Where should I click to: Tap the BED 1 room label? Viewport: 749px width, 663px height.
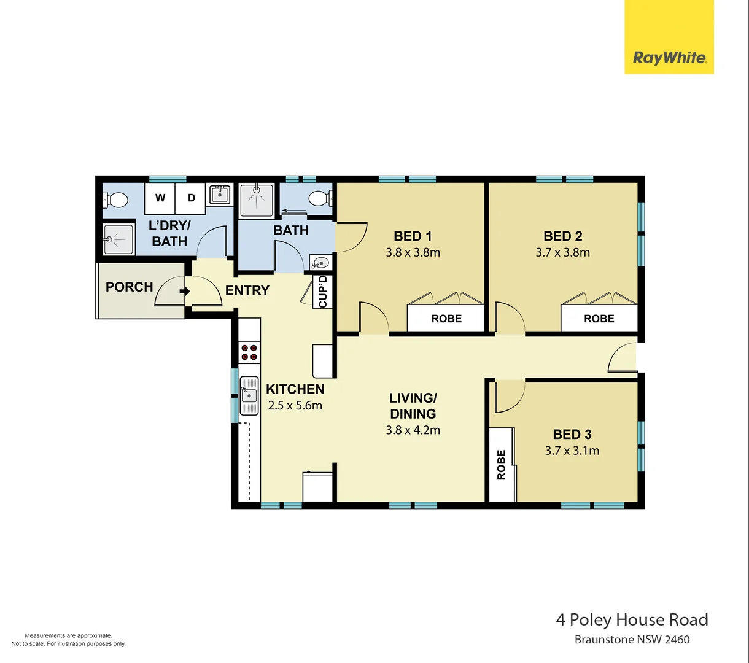pos(413,236)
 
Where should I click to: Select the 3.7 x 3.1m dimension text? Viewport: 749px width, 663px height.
pos(572,451)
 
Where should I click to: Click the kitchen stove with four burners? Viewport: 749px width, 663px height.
pos(249,352)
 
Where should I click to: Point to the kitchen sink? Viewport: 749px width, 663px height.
pos(249,394)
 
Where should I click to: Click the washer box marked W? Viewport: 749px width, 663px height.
pos(160,198)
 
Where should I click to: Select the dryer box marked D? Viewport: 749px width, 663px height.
pos(192,198)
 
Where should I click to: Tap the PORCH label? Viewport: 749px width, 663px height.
pos(129,287)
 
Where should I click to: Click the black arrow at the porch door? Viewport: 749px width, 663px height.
pos(183,291)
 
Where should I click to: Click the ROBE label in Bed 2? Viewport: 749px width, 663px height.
pos(599,319)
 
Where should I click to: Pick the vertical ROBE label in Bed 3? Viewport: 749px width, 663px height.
pos(502,465)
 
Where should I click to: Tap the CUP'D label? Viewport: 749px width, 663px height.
pos(323,292)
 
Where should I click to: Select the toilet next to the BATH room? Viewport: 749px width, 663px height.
pos(319,198)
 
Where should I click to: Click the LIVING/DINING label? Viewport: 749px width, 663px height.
pos(413,406)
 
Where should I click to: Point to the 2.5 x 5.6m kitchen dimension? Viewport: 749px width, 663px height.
pos(295,405)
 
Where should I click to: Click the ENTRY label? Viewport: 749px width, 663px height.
pos(247,290)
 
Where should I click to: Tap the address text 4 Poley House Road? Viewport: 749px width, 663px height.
pos(632,619)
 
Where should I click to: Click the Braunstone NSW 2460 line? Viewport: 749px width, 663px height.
pos(632,640)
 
